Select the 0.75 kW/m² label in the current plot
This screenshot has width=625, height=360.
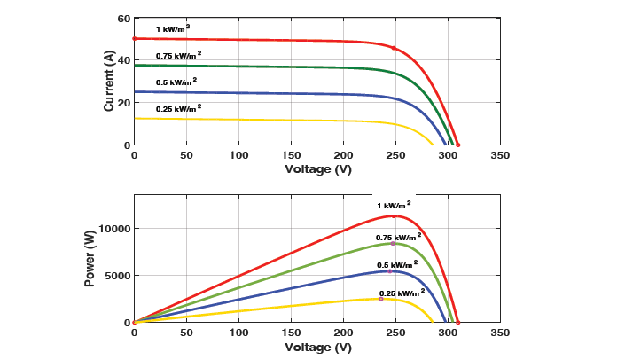pyautogui.click(x=178, y=55)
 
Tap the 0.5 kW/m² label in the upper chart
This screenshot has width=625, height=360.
pyautogui.click(x=176, y=82)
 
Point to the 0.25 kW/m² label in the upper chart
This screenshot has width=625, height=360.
pyautogui.click(x=178, y=108)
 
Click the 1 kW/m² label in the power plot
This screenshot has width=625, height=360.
pyautogui.click(x=394, y=206)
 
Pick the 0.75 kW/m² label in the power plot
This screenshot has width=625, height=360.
pyautogui.click(x=399, y=238)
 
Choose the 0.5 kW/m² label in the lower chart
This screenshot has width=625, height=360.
pyautogui.click(x=395, y=264)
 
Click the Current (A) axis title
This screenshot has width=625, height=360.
pyautogui.click(x=109, y=81)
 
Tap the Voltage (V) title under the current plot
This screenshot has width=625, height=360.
pyautogui.click(x=317, y=168)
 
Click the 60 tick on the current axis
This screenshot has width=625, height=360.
pyautogui.click(x=124, y=18)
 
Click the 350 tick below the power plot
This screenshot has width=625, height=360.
pyautogui.click(x=500, y=333)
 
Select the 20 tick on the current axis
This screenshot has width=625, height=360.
pyautogui.click(x=124, y=103)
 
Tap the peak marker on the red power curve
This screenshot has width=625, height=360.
pyautogui.click(x=394, y=216)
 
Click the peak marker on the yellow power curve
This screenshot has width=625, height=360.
pyautogui.click(x=381, y=299)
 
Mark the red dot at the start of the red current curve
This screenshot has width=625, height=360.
pyautogui.click(x=134, y=39)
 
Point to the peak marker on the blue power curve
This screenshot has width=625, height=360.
pyautogui.click(x=390, y=271)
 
